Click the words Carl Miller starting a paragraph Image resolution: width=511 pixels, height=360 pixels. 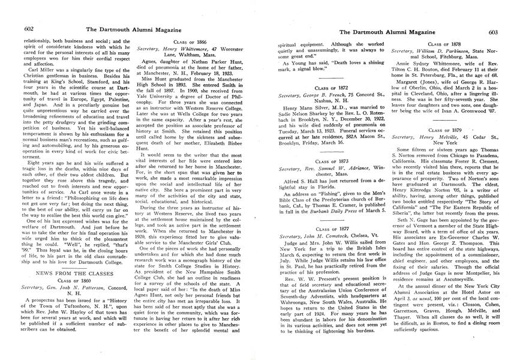(37, 70)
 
